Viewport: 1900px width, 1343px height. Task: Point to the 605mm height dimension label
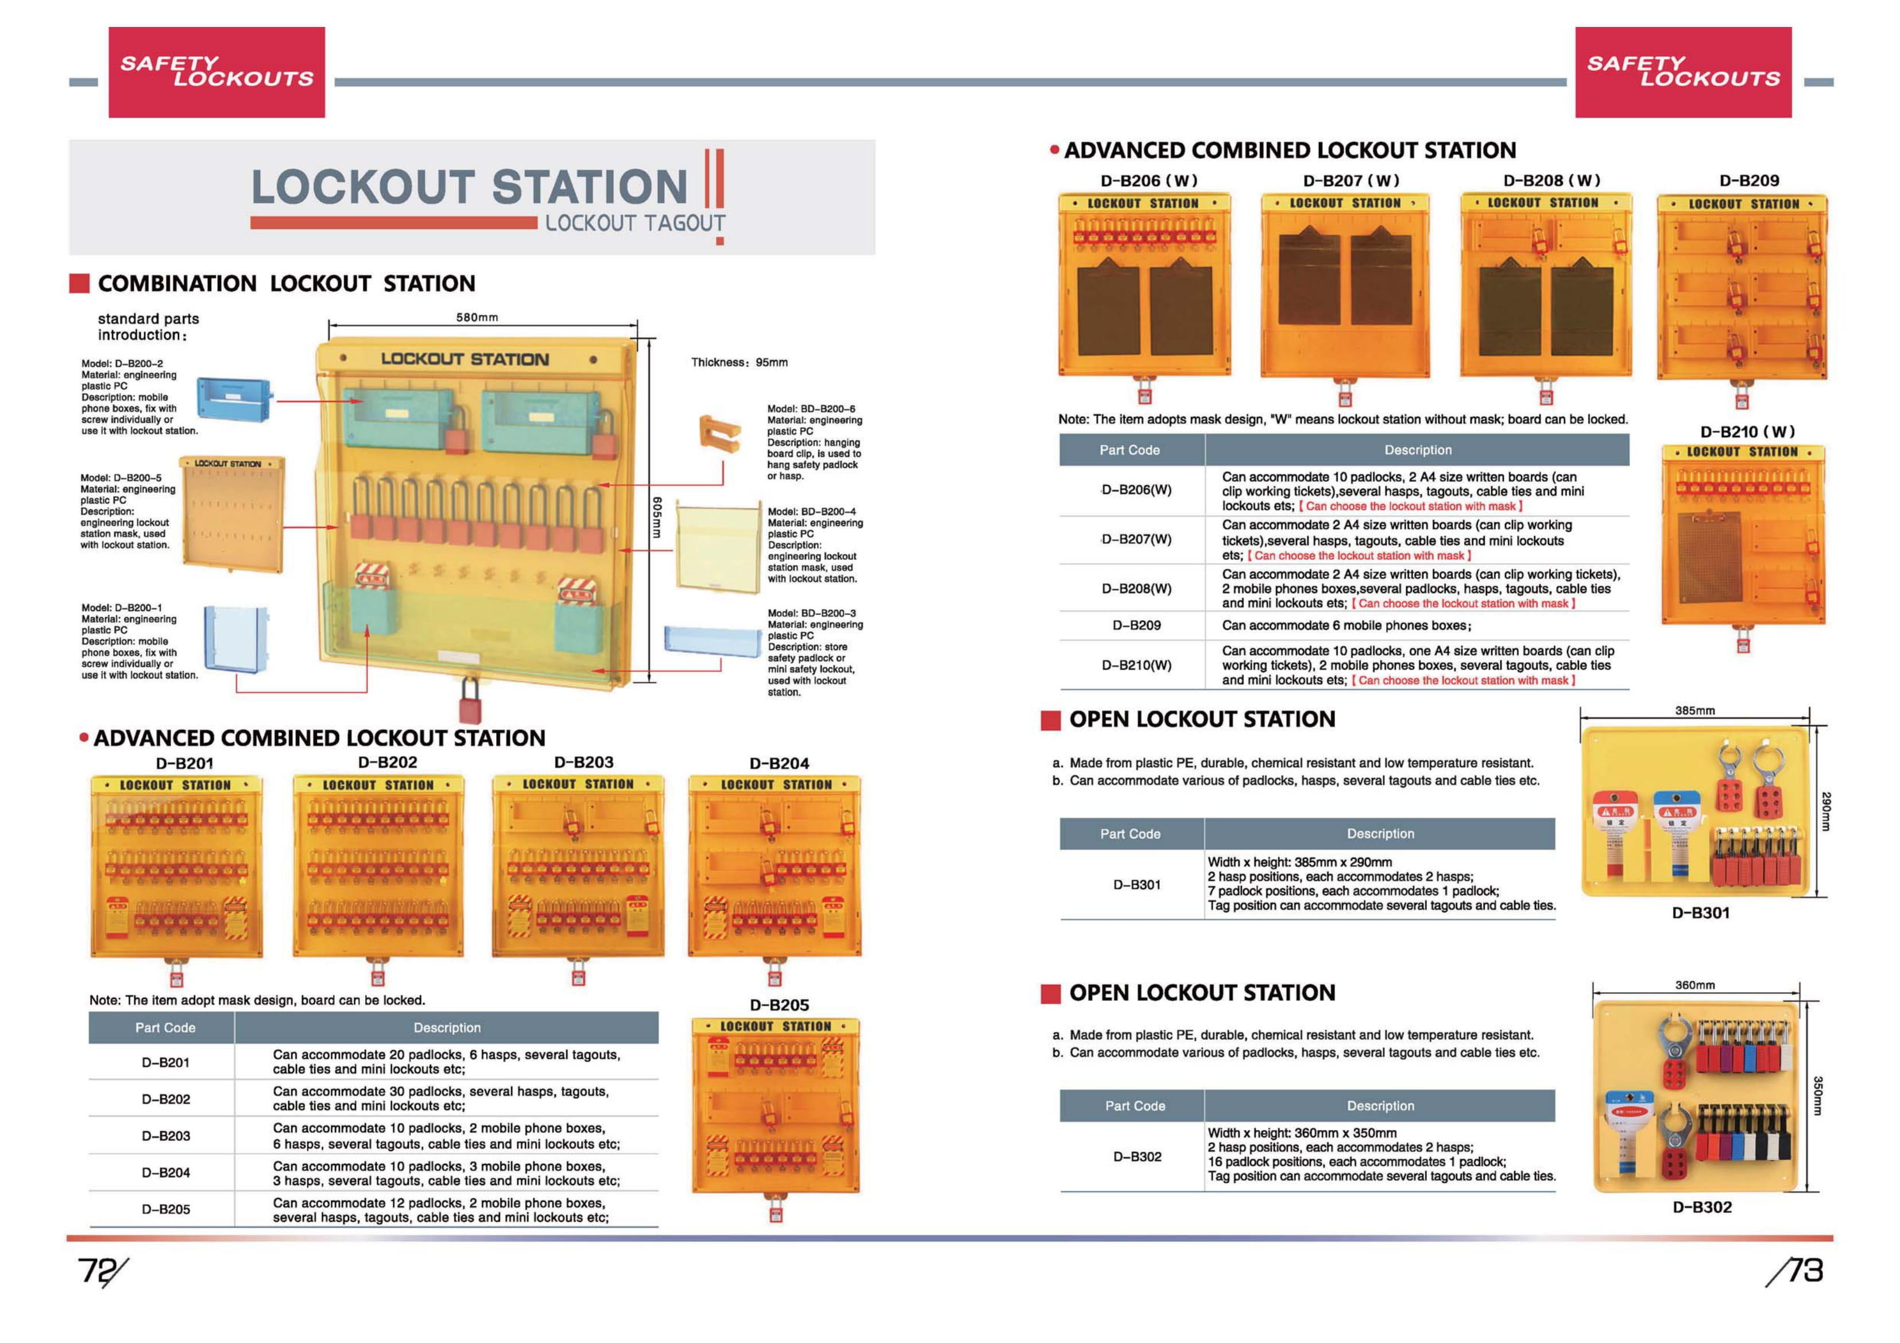[657, 518]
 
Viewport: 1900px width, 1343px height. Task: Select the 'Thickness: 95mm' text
[739, 362]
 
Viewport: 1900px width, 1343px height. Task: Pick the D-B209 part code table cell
[1136, 626]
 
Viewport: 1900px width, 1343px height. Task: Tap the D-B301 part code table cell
[1136, 885]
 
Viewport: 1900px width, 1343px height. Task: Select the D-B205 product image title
[779, 1005]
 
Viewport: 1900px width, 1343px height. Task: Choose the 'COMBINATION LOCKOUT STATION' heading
[287, 284]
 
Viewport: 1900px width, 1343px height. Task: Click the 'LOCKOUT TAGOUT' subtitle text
[634, 223]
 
